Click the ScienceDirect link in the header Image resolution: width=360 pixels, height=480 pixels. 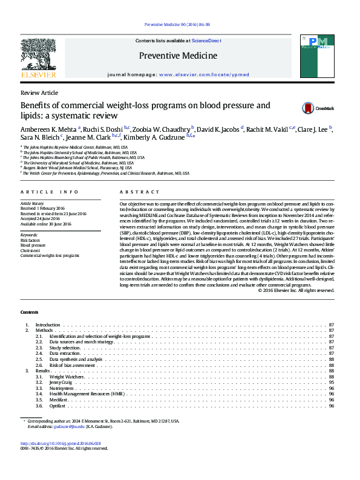coord(206,41)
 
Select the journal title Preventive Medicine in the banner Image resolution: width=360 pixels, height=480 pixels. coord(178,56)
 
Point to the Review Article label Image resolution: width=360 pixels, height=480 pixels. coord(39,92)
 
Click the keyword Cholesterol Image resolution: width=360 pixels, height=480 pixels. coord(30,250)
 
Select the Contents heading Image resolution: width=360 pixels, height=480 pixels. coord(29,312)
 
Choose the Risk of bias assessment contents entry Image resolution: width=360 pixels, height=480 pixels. coord(71,365)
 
